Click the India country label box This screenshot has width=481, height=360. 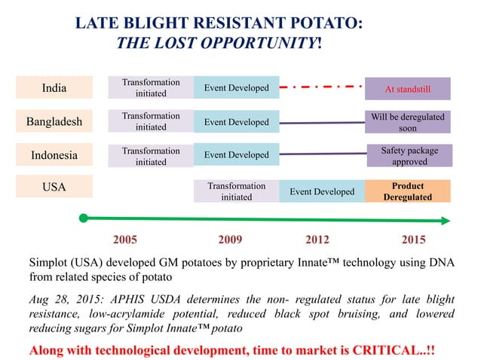click(54, 88)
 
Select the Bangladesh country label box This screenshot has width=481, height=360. click(54, 121)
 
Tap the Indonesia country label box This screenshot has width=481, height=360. click(54, 155)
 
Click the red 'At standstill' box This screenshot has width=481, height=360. click(408, 89)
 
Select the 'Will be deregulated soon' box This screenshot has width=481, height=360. click(408, 122)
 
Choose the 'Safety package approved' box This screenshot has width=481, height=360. click(408, 156)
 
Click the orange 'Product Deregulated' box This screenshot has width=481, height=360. click(408, 191)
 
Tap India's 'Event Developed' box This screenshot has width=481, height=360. click(237, 88)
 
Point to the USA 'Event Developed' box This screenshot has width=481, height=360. click(322, 191)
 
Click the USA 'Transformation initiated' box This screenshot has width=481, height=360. click(237, 191)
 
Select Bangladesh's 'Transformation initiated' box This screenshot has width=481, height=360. click(151, 121)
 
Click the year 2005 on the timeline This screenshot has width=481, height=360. click(125, 240)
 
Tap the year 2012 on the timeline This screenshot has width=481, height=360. click(317, 240)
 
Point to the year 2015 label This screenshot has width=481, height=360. click(412, 240)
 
